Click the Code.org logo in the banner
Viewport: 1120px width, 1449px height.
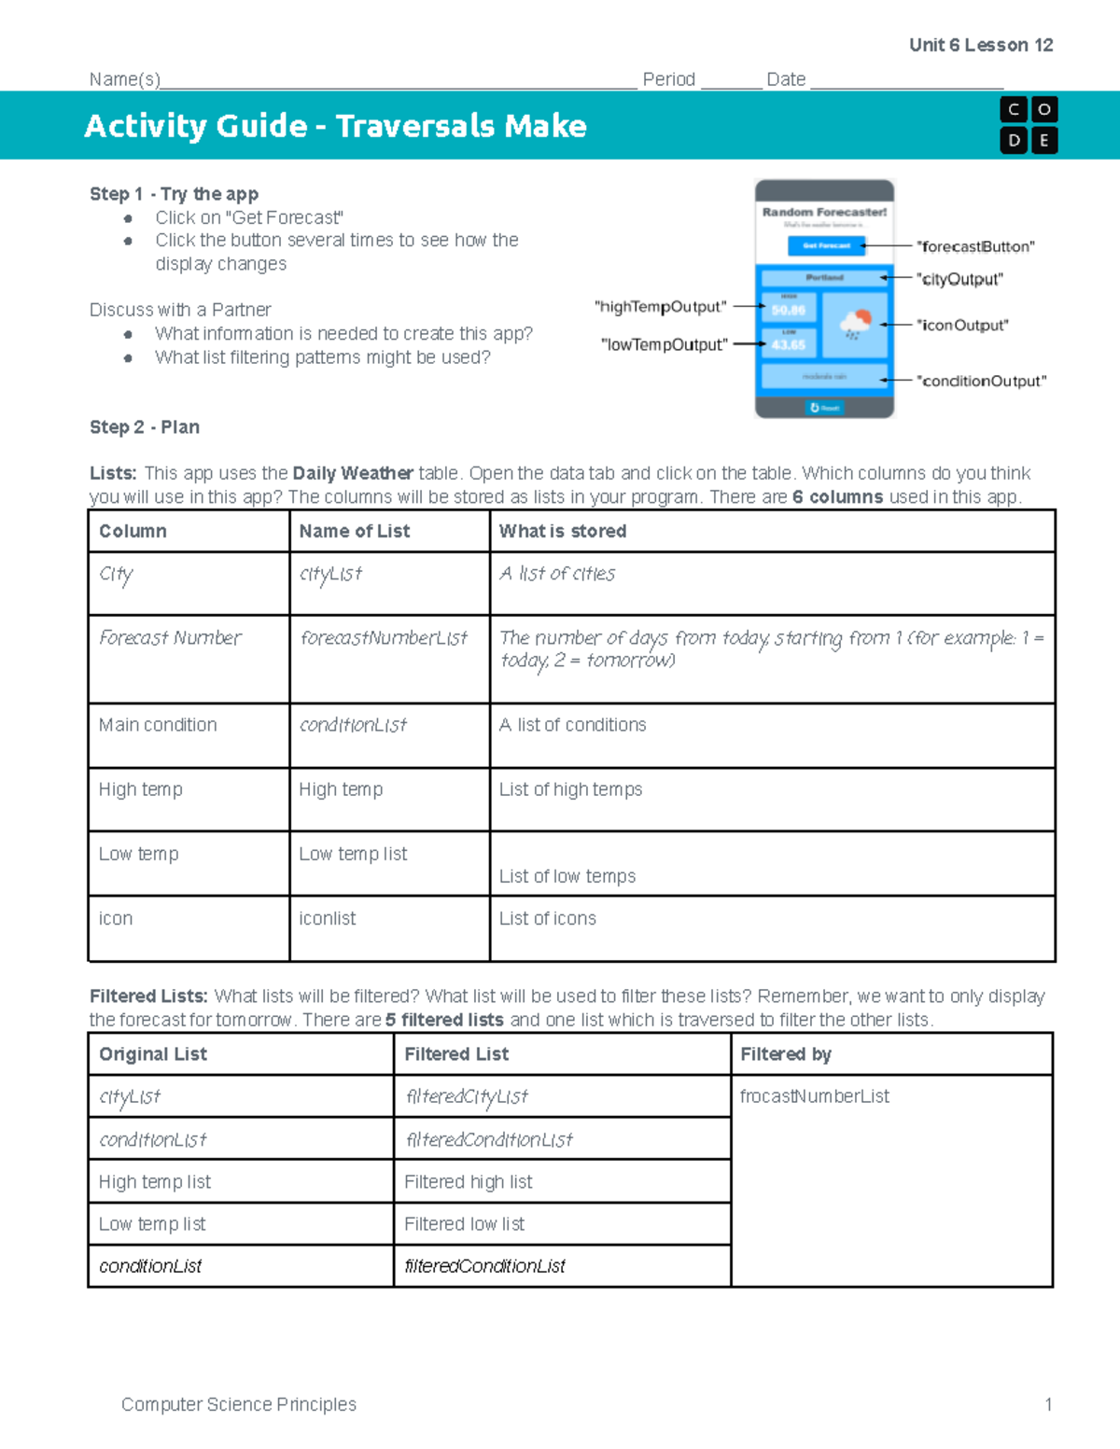pyautogui.click(x=1028, y=125)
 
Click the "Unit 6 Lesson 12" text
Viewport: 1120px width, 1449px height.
pyautogui.click(x=980, y=45)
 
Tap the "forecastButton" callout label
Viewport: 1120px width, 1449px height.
pyautogui.click(x=975, y=246)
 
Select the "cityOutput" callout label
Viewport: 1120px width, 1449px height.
pyautogui.click(x=959, y=279)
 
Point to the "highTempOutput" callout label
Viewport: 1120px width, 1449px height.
pyautogui.click(x=660, y=306)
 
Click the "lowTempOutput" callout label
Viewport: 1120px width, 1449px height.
pyautogui.click(x=664, y=344)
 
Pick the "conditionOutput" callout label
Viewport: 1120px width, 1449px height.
pyautogui.click(x=981, y=381)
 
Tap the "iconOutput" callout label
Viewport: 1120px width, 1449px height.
pyautogui.click(x=962, y=325)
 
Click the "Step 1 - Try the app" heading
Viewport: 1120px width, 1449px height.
pyautogui.click(x=174, y=194)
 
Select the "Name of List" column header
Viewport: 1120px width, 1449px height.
pyautogui.click(x=354, y=531)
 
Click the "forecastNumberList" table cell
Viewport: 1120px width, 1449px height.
pyautogui.click(x=384, y=638)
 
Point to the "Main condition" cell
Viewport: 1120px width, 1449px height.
pyautogui.click(x=158, y=725)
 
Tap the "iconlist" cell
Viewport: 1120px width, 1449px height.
pyautogui.click(x=327, y=918)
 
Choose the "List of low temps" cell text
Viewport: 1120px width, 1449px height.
pyautogui.click(x=567, y=876)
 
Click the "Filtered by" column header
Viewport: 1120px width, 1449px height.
pyautogui.click(x=785, y=1054)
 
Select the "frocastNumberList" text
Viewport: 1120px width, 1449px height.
pyautogui.click(x=814, y=1096)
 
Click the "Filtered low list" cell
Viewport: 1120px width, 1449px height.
pyautogui.click(x=464, y=1224)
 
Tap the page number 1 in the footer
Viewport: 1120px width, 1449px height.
pyautogui.click(x=1048, y=1404)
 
